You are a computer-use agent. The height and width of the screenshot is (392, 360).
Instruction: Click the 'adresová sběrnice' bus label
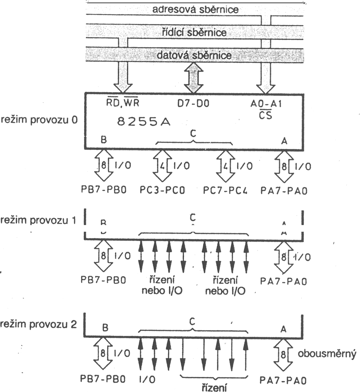(195, 9)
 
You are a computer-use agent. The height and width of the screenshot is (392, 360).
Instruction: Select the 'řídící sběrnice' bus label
(194, 32)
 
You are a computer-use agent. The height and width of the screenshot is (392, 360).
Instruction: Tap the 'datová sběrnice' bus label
(194, 54)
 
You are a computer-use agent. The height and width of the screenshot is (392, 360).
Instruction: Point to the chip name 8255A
(144, 122)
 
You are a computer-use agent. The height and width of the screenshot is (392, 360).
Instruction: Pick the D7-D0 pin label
(193, 104)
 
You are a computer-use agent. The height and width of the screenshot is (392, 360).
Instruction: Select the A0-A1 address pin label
(266, 104)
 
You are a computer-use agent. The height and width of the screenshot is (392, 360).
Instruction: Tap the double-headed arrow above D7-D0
(194, 78)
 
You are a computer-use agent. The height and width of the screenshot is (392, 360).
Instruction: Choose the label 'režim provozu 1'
(39, 220)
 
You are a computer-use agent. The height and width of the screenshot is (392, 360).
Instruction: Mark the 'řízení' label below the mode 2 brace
(214, 388)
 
